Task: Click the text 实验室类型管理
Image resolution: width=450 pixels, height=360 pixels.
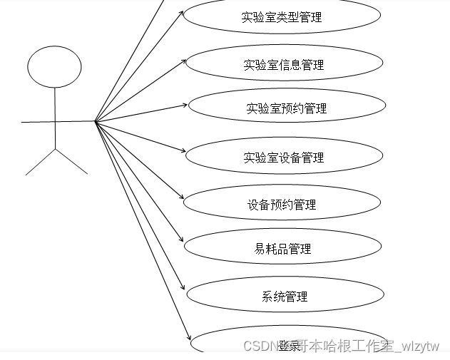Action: pos(282,17)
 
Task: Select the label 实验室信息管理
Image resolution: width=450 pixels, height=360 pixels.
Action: pos(283,65)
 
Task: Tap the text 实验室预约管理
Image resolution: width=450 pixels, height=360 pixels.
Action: pos(286,108)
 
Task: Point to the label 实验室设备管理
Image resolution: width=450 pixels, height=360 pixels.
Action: pos(283,158)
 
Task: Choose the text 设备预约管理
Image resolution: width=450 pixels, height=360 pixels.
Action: pos(277,205)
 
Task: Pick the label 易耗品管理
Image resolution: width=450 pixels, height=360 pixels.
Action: pos(282,249)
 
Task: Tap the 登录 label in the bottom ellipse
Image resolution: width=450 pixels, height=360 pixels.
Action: pos(290,346)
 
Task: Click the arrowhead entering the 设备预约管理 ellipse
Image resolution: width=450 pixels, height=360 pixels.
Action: pos(183,198)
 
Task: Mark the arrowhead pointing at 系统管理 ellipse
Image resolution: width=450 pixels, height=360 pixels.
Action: pos(186,291)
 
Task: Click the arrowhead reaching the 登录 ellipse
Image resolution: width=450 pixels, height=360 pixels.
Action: pos(190,339)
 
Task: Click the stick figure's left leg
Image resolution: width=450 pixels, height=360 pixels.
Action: pos(40,162)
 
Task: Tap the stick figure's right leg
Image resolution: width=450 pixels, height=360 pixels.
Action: pos(71,162)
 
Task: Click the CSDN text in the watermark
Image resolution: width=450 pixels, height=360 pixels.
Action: pos(260,346)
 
